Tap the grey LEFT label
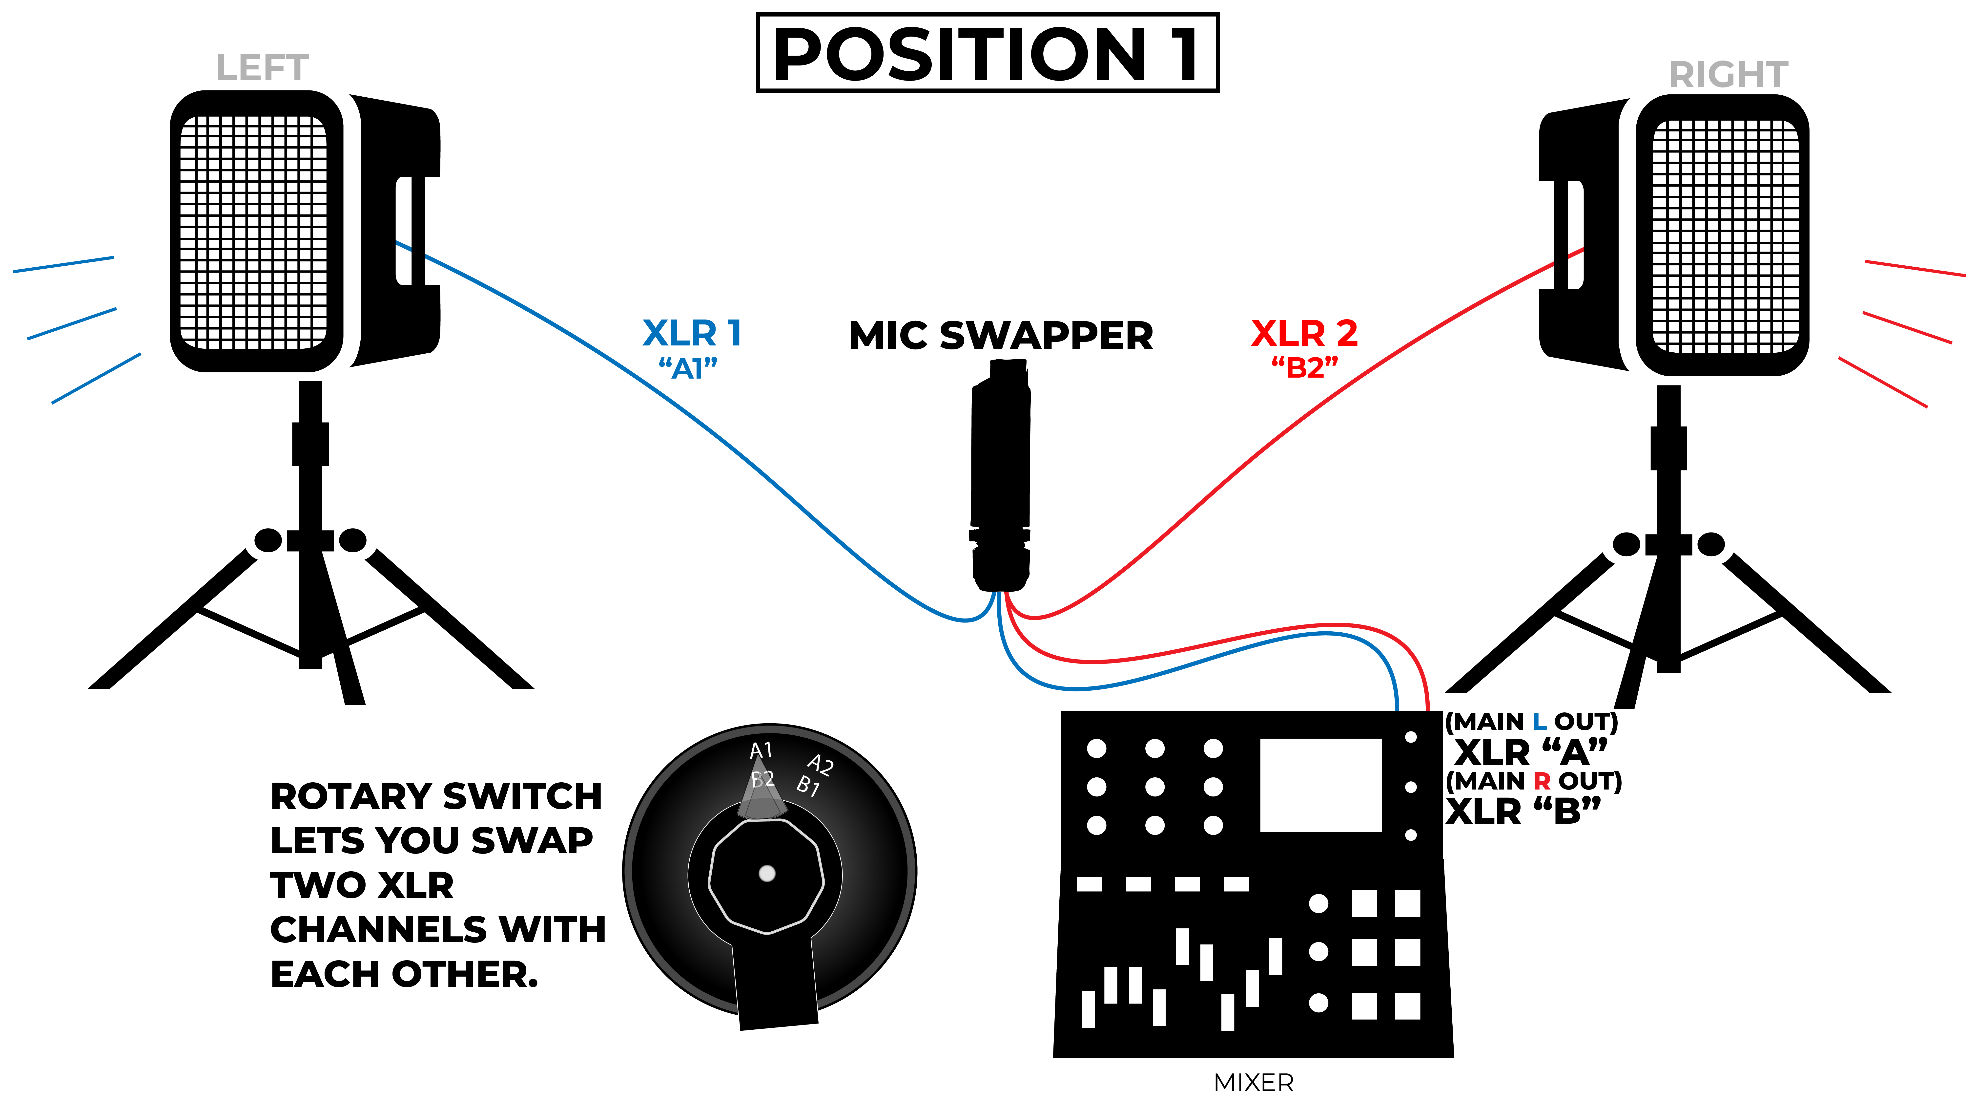click(x=262, y=68)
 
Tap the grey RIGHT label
click(x=1728, y=74)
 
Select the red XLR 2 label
click(x=1304, y=333)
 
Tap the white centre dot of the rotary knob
click(x=766, y=873)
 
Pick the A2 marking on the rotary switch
click(x=820, y=764)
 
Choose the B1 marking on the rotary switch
click(x=808, y=786)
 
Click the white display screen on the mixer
click(x=1320, y=785)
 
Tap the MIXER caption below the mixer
click(x=1254, y=1083)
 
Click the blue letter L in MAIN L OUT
click(x=1539, y=722)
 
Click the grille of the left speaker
click(x=253, y=232)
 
